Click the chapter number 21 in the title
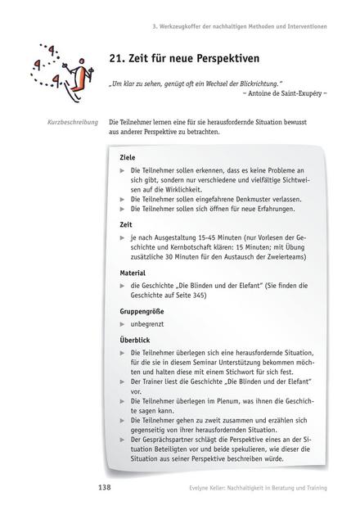click(117, 58)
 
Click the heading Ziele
click(127, 156)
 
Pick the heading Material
click(133, 273)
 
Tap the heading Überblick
click(135, 338)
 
